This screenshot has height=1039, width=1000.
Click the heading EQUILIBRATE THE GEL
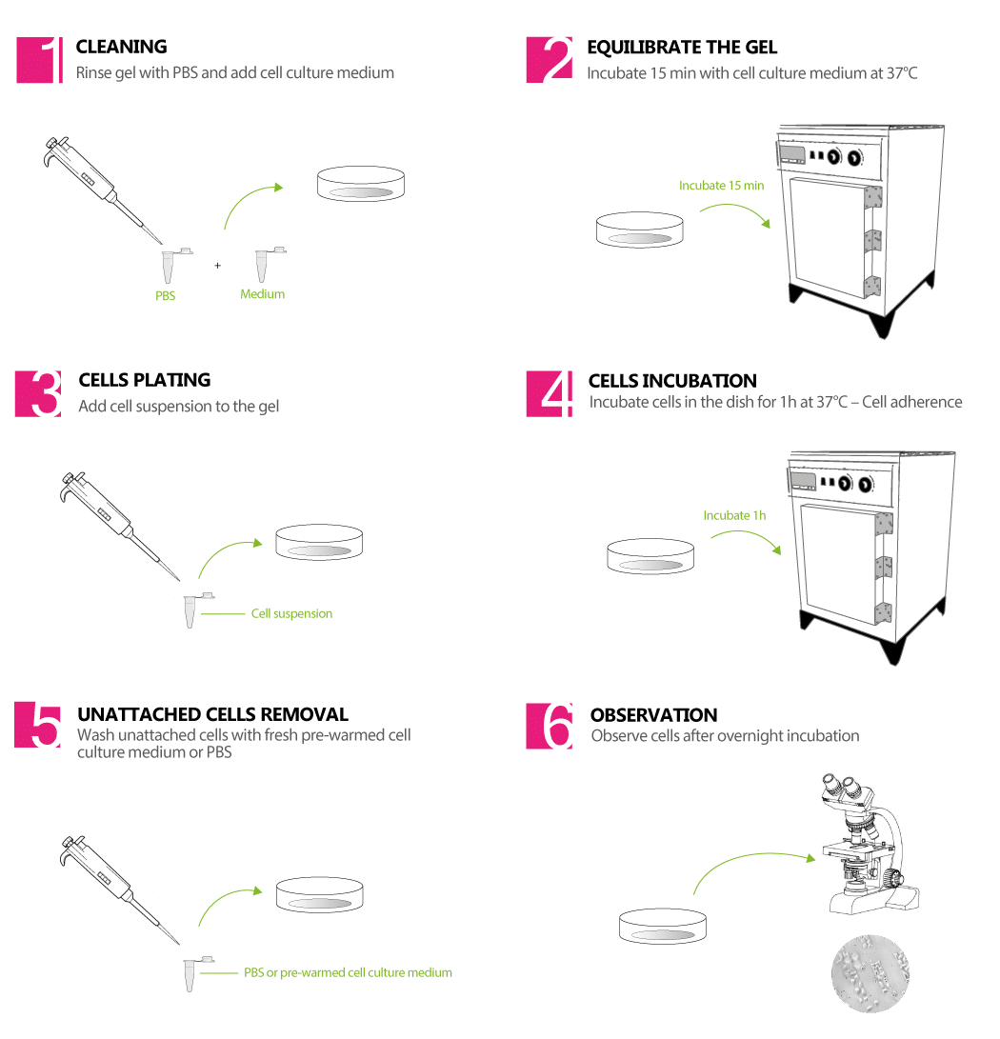(682, 48)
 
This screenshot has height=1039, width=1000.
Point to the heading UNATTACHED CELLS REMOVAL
(212, 714)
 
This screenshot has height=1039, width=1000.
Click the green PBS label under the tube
(166, 296)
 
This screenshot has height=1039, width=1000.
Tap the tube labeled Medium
(270, 264)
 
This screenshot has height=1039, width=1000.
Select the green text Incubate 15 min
(721, 186)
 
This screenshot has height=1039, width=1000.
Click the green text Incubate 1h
(733, 515)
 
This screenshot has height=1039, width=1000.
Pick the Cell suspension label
(291, 613)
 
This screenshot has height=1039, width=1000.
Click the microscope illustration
(870, 844)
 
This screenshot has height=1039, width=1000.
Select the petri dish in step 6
(664, 925)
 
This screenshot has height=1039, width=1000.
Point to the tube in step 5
(198, 973)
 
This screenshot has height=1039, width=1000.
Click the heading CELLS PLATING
(145, 380)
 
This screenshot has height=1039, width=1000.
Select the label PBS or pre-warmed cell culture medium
(348, 972)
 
